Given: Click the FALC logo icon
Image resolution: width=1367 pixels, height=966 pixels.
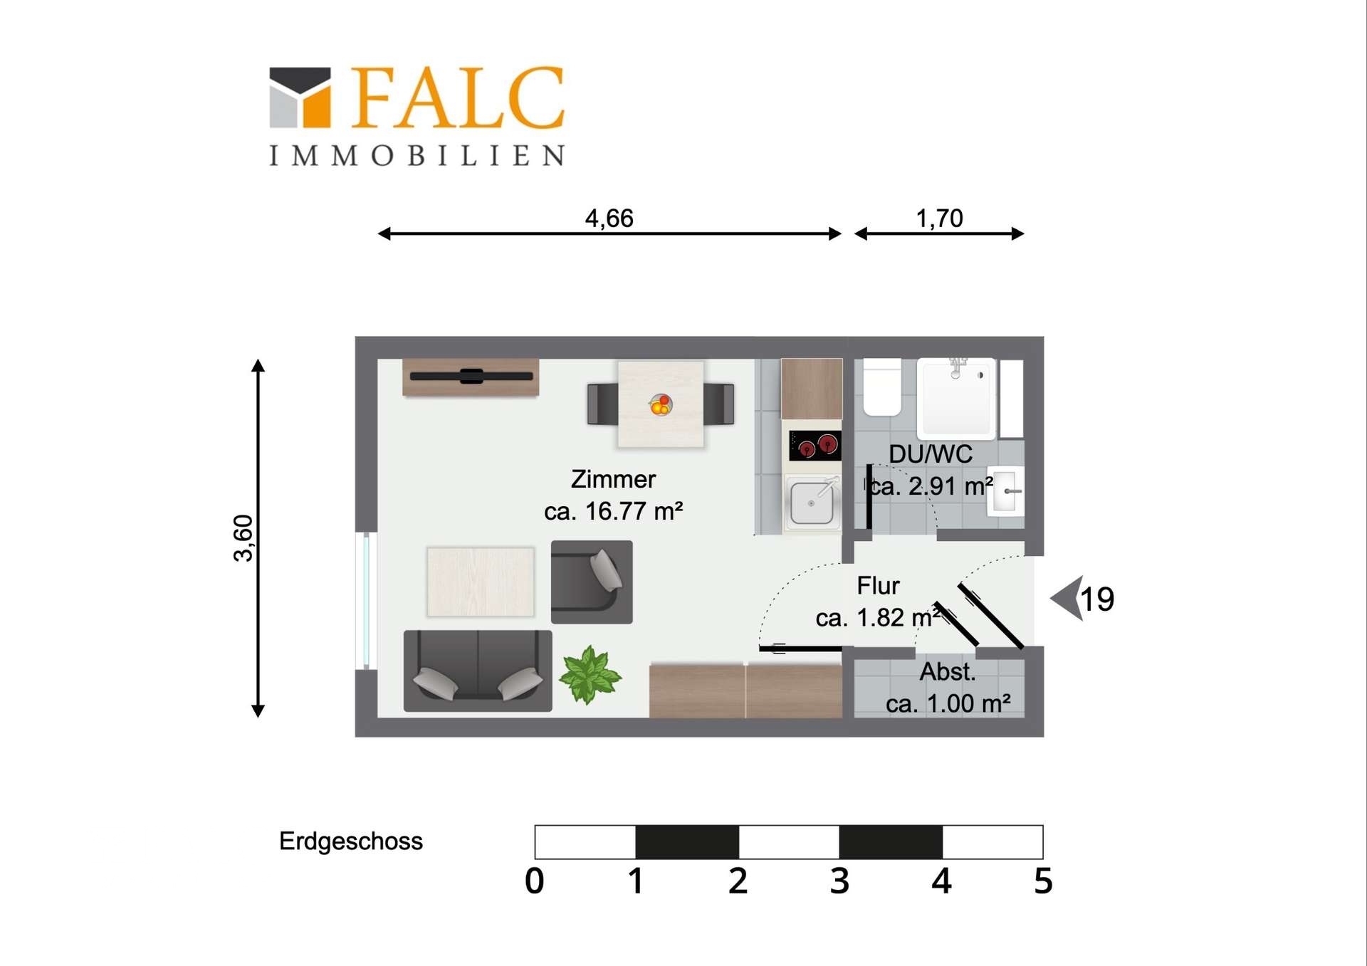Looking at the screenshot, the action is point(300,98).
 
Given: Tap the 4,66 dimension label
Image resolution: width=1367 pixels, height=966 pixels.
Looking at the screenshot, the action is point(609,218).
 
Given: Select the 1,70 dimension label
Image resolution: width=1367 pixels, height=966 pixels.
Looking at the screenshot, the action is point(939,218).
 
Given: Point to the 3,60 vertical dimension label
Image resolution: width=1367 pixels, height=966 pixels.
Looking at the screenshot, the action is point(243,538).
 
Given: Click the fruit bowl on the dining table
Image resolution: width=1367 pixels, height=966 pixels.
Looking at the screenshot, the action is point(661,405).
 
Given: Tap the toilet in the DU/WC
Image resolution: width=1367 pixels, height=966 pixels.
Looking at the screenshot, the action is point(882,387).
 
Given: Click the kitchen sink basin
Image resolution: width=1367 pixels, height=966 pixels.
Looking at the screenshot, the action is point(812,503).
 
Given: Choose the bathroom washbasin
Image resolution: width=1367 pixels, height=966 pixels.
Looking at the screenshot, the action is point(1005,490).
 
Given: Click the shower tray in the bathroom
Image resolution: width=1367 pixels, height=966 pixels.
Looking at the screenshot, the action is point(956,398).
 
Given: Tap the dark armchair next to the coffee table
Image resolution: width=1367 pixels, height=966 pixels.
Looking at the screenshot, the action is point(592,582).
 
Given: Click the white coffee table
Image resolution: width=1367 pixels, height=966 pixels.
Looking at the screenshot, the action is point(481,582).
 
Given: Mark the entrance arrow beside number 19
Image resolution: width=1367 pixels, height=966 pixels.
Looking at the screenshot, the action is point(1067,598).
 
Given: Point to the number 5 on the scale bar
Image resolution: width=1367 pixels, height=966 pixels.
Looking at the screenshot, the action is point(1043,881).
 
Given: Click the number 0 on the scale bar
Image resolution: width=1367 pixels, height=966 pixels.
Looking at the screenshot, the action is point(535,881).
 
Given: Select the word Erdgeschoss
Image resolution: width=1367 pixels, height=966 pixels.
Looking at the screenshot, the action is point(351,841).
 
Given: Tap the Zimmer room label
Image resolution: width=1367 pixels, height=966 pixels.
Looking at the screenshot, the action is point(613,479).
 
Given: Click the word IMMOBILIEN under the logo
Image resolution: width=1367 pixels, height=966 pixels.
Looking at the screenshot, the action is point(417,156).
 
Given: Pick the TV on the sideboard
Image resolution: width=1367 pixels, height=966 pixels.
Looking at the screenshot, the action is point(471,377).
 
